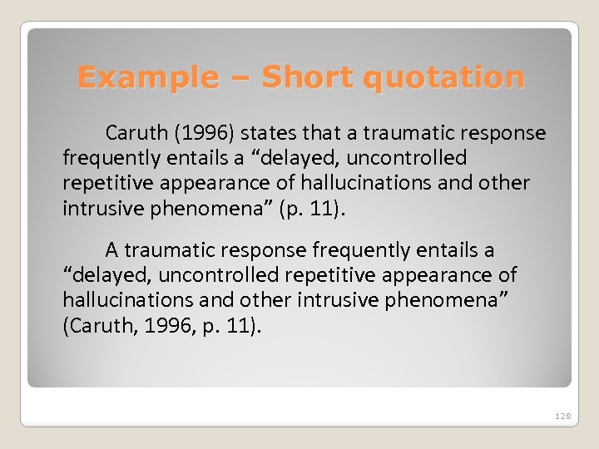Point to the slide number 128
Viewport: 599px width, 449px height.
(563, 416)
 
